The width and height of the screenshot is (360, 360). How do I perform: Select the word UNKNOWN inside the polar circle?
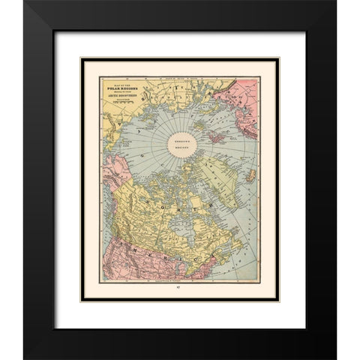(x=199, y=142)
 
